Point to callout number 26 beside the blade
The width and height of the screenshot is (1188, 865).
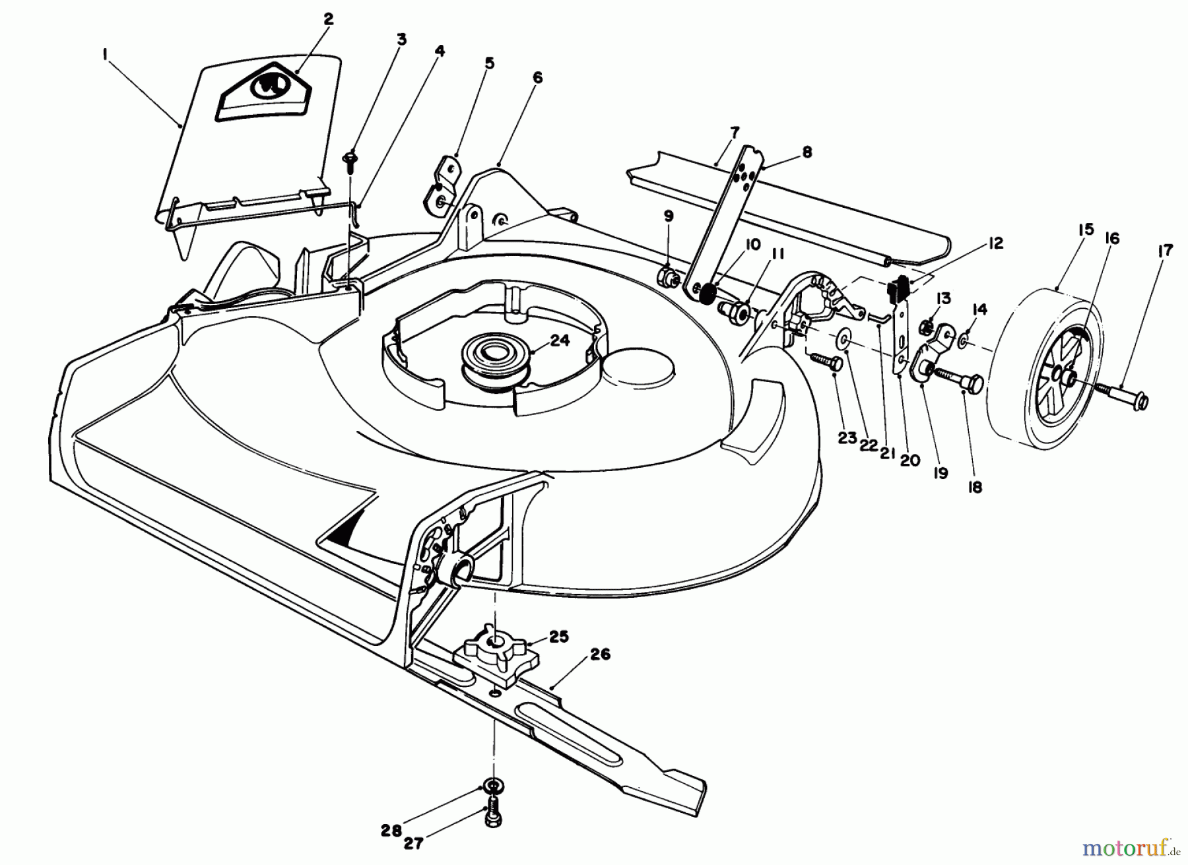601,655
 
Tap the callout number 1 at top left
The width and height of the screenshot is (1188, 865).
105,55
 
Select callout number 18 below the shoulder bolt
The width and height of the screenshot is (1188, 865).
974,487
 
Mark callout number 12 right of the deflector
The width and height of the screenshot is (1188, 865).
995,243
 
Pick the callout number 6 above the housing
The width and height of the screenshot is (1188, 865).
537,78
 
